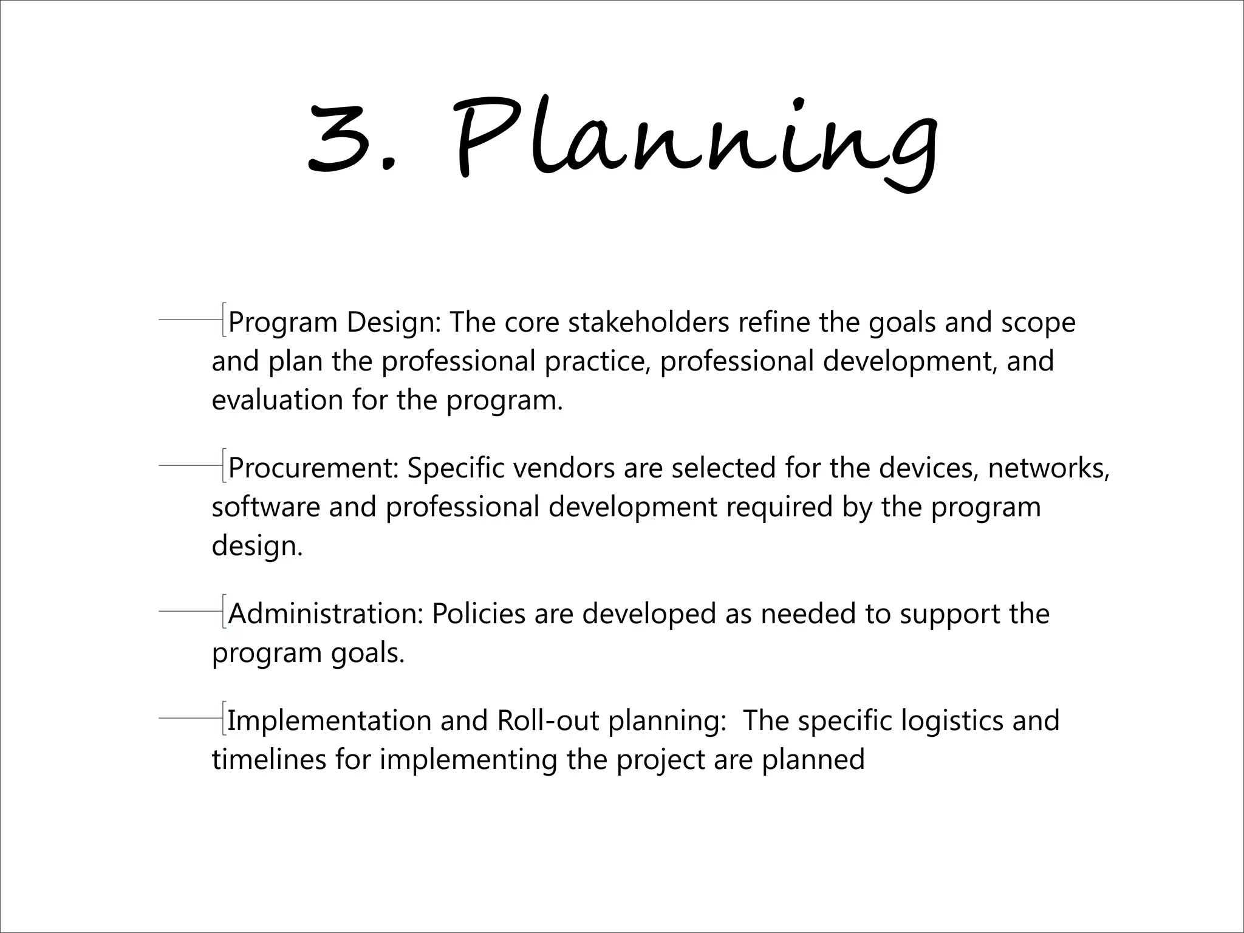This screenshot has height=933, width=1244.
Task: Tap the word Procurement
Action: (x=313, y=468)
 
